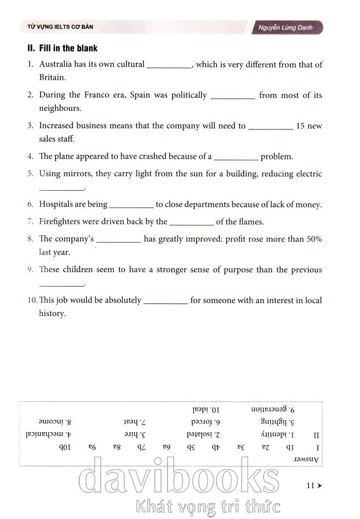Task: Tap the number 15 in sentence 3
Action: (301, 126)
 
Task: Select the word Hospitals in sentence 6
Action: (56, 205)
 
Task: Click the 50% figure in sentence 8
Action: (314, 239)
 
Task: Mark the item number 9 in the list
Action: (31, 270)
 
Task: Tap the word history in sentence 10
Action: (52, 313)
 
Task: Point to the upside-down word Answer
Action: (306, 458)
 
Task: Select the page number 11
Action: (310, 485)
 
